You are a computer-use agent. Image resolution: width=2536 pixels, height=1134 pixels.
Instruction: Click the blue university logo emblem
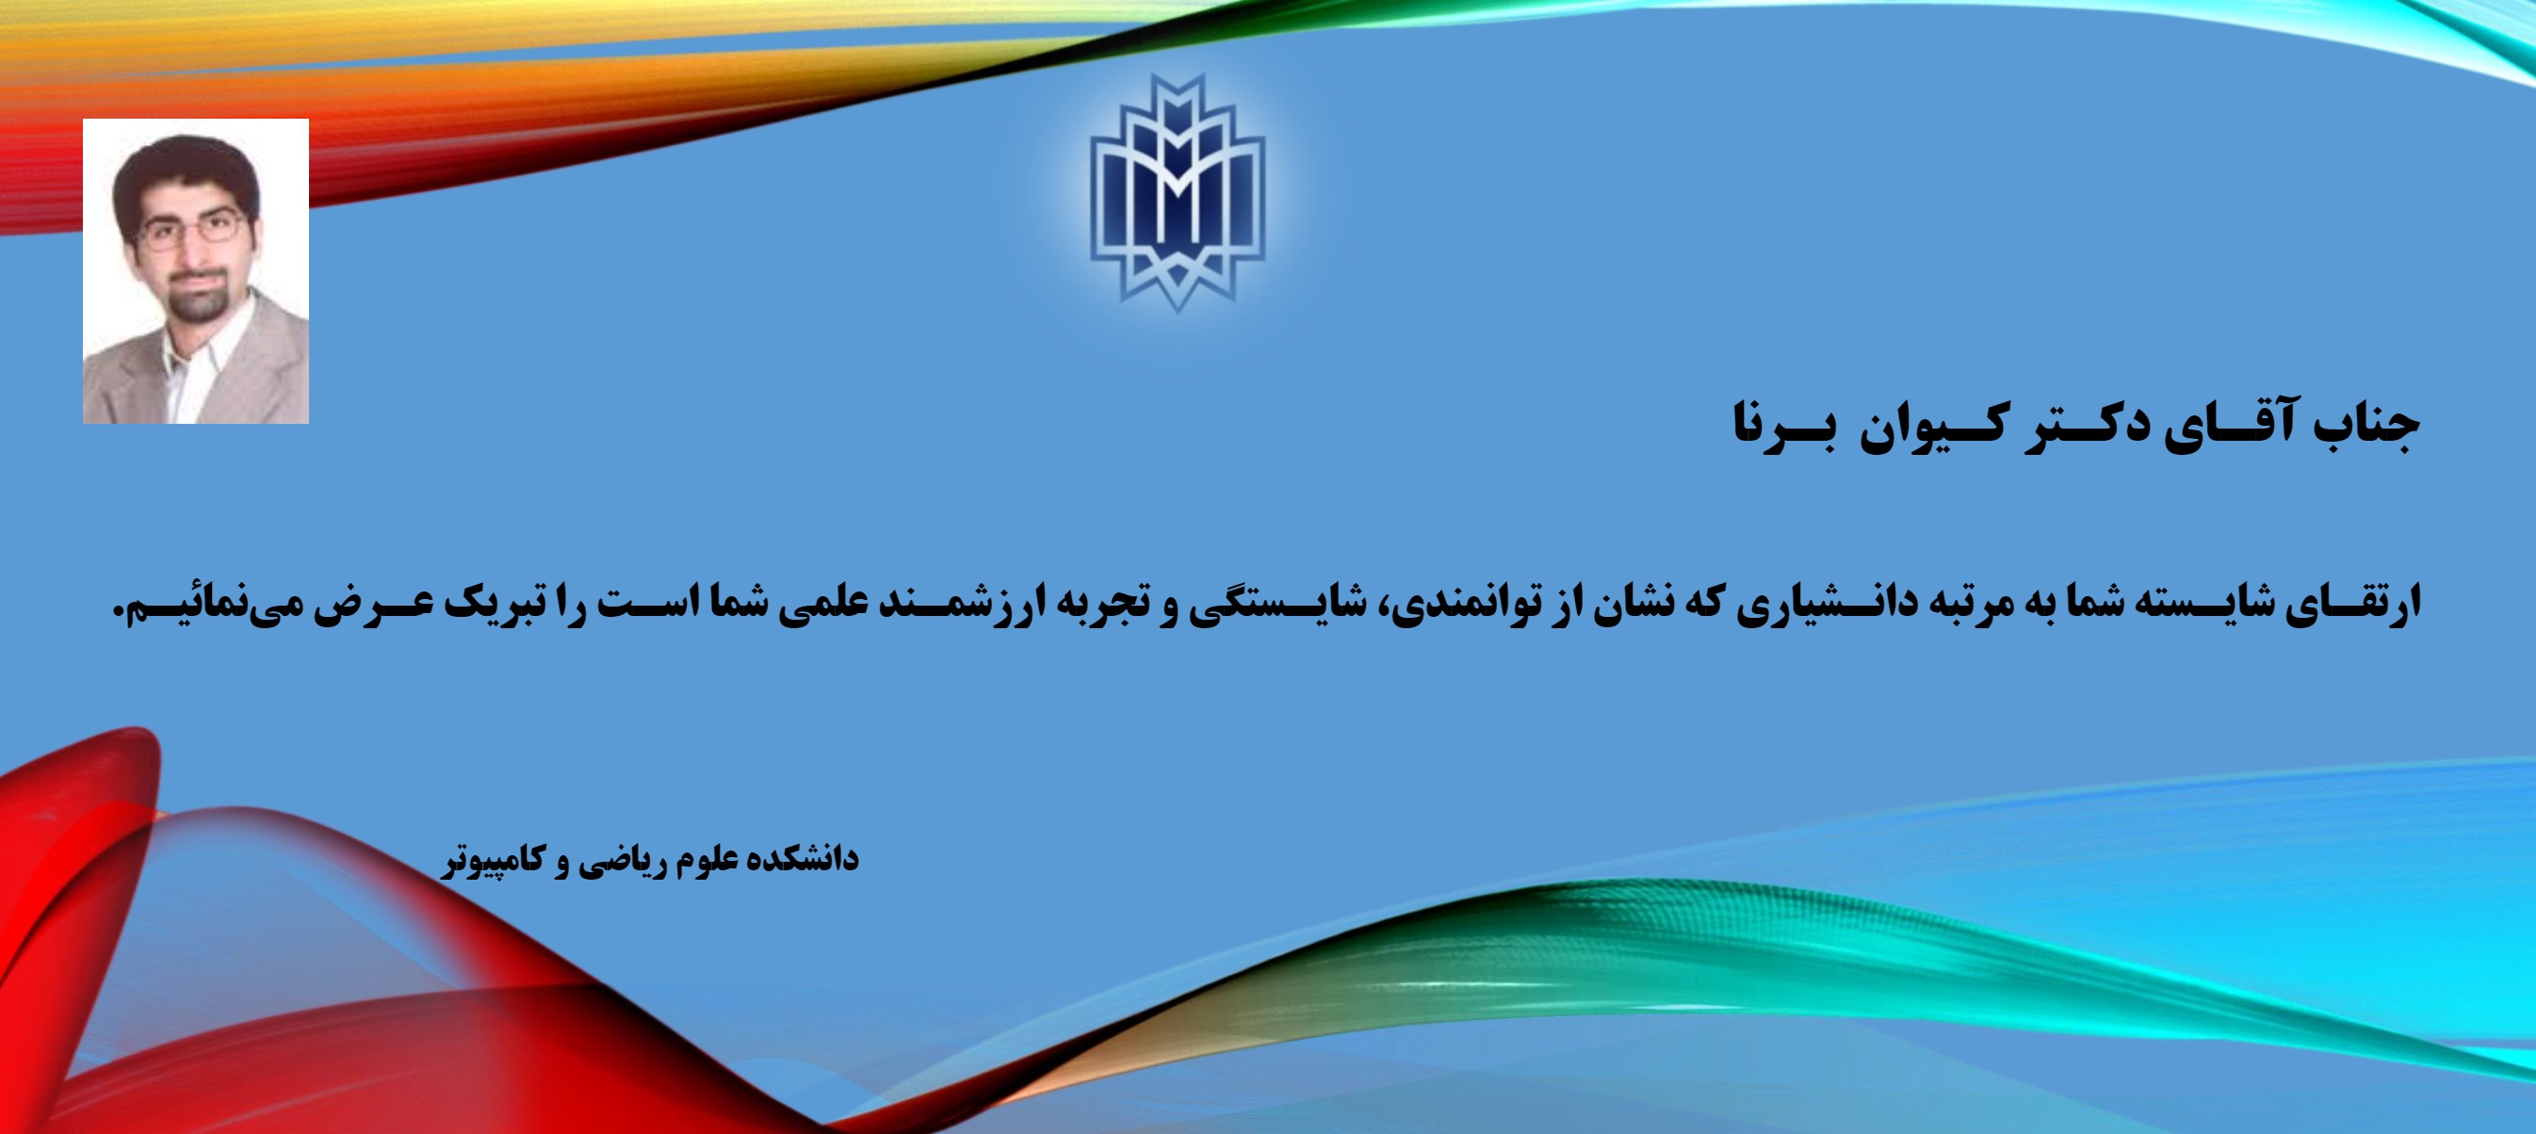click(1178, 193)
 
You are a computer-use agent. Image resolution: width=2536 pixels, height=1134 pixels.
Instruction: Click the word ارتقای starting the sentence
click(2354, 602)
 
